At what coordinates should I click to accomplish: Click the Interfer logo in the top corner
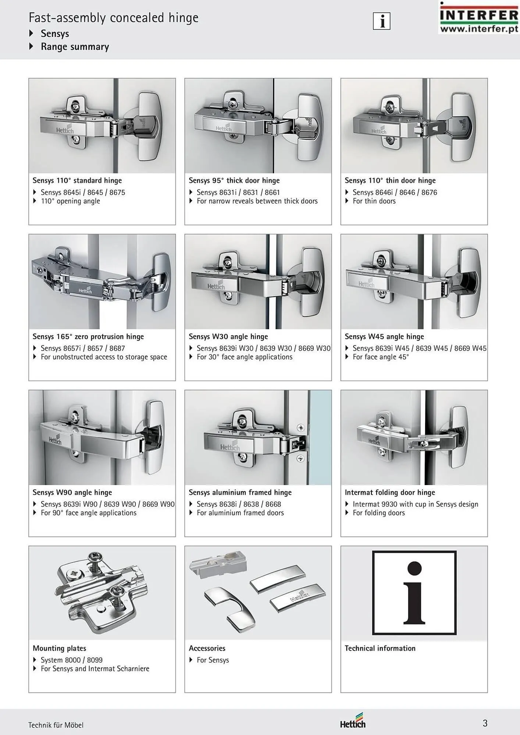pos(478,17)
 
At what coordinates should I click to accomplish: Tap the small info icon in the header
pos(382,21)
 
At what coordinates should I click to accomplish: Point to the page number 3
pos(485,723)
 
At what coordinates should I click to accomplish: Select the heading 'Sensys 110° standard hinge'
pos(77,180)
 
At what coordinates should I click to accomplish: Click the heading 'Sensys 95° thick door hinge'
pos(234,180)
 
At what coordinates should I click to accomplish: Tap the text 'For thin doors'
pos(374,201)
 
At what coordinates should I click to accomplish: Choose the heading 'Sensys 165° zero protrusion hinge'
pos(88,336)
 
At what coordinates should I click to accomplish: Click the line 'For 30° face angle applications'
pos(245,357)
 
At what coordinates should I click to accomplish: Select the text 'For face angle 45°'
pos(381,357)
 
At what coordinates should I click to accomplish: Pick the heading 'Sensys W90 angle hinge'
pos(72,492)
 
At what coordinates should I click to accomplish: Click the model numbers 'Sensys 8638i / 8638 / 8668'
pos(239,504)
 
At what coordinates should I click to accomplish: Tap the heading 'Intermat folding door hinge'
pos(390,492)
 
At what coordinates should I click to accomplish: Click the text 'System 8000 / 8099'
pos(72,660)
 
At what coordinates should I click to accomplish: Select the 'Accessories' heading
pos(207,648)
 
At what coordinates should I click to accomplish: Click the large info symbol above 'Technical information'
pos(414,593)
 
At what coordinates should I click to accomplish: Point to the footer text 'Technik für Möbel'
pos(56,725)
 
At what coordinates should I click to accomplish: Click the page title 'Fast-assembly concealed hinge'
pos(114,18)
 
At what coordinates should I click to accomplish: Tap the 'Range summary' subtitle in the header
pos(75,47)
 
